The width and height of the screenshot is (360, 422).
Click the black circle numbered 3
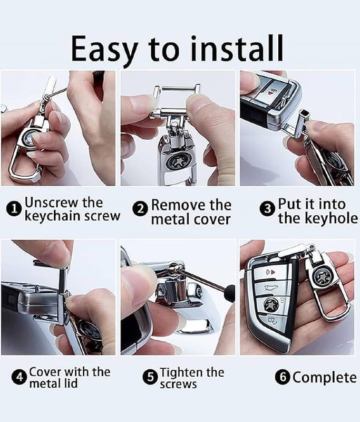click(267, 209)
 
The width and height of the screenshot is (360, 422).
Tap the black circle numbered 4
click(20, 377)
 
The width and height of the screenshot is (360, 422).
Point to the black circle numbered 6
click(283, 377)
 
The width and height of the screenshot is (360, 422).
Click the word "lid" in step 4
click(70, 383)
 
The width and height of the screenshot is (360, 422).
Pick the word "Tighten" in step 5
click(181, 373)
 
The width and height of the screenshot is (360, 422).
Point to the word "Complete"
click(325, 378)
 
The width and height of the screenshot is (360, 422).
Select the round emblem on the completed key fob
click(269, 305)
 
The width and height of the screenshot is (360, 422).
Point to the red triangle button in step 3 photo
click(269, 93)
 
